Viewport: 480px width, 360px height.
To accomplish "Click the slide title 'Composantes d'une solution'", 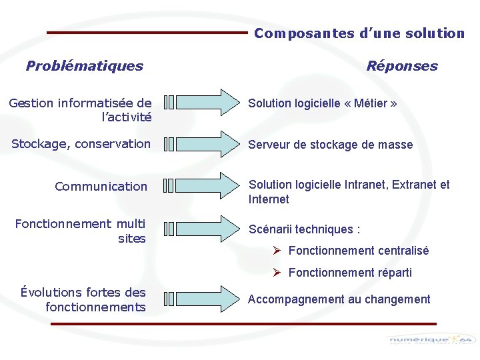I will click(359, 33).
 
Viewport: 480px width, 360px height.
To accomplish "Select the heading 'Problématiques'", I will click(84, 65).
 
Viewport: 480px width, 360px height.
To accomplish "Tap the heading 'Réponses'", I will click(402, 65).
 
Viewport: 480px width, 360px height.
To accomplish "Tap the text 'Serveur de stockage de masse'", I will click(330, 145).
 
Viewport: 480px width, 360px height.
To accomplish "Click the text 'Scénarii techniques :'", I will click(304, 229).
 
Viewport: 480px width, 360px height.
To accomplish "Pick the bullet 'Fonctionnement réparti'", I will click(350, 273).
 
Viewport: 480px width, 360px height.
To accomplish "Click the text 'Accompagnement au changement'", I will click(339, 299).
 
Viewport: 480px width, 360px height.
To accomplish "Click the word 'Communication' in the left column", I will click(101, 187).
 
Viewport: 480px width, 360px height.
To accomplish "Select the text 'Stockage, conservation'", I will click(81, 144).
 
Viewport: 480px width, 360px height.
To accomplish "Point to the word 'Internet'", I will click(269, 199).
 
